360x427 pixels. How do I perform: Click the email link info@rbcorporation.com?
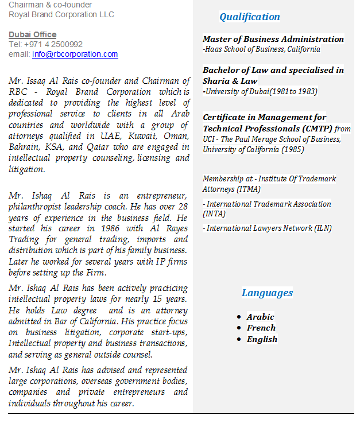point(75,55)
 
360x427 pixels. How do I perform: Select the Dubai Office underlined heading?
point(33,35)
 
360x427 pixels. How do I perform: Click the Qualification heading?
point(250,17)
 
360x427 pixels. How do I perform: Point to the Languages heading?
point(267,293)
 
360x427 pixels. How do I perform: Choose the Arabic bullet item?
point(260,317)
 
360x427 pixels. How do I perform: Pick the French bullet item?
point(261,328)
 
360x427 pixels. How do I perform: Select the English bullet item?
point(262,339)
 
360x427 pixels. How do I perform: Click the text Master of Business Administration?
point(273,39)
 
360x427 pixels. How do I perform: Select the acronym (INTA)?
point(214,214)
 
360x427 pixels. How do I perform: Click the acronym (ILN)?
point(323,228)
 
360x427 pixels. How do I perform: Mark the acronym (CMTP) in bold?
point(312,129)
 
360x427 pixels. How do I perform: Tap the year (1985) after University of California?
point(293,150)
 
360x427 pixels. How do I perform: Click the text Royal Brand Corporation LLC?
point(61,14)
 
